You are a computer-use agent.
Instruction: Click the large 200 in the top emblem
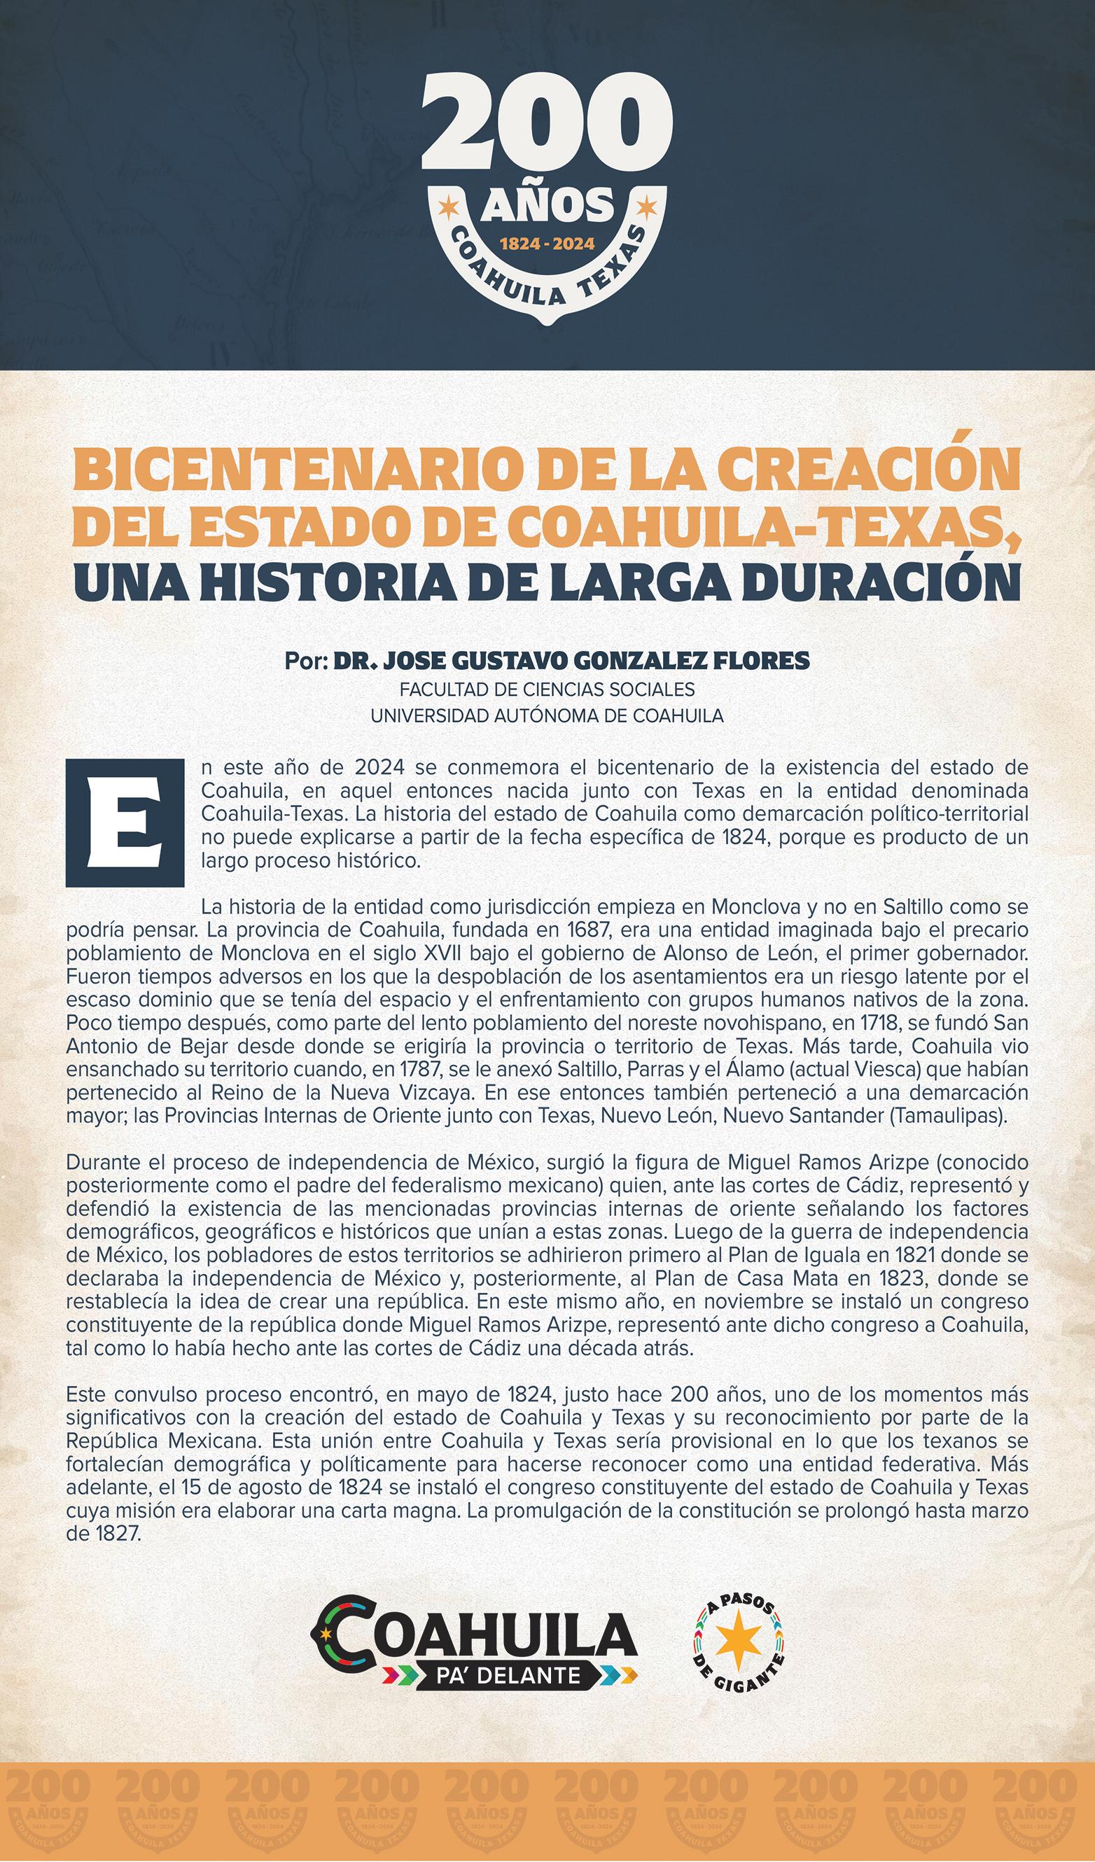tap(547, 124)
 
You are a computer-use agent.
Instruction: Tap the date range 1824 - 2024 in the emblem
tap(547, 243)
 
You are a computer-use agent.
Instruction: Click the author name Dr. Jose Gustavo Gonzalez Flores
tap(571, 661)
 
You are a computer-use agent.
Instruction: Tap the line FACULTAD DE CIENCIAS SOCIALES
tap(547, 689)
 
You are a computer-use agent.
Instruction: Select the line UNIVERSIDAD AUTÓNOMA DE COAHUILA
tap(547, 715)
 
